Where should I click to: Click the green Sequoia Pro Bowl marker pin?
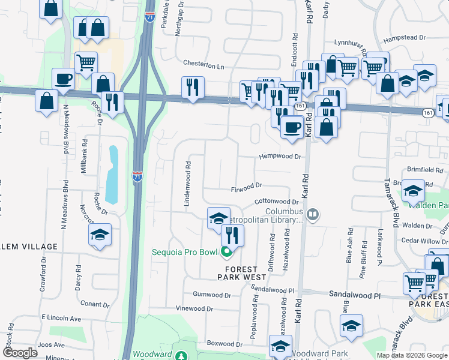226,253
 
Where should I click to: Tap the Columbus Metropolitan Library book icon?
312,214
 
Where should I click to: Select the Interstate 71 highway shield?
137,176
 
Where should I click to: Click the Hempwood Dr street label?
279,157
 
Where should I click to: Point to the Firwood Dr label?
247,188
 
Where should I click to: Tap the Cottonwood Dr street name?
276,202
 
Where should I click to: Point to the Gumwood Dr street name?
211,295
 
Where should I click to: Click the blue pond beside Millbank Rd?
112,175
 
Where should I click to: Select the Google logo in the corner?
20,353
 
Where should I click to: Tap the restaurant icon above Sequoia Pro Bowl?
233,235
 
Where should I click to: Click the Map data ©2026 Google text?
412,355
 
